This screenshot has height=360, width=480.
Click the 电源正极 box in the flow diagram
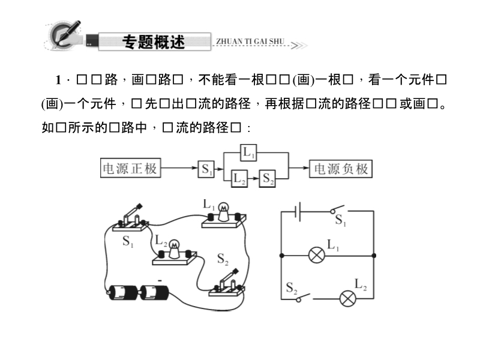(130, 169)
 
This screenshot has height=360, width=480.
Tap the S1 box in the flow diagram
(206, 169)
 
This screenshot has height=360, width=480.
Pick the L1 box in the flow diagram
(249, 154)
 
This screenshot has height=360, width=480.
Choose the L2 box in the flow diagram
(239, 178)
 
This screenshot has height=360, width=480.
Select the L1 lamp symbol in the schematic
(316, 255)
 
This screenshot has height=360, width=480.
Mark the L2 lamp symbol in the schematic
(347, 298)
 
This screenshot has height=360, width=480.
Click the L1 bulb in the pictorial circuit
(224, 210)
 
